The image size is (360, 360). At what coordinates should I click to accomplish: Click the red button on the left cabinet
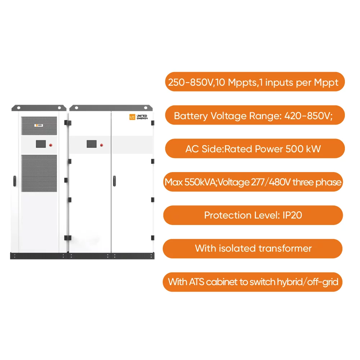click(51, 145)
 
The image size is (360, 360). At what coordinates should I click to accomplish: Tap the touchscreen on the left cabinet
click(41, 144)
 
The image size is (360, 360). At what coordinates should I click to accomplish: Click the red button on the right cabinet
click(102, 145)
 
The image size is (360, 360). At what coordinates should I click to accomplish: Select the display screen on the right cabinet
click(91, 144)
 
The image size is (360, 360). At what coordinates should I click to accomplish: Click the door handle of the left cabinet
click(15, 181)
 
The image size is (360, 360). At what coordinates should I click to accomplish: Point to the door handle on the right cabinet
click(114, 181)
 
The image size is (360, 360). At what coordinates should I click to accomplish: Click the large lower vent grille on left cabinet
click(39, 173)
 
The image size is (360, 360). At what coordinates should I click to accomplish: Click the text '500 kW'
click(303, 149)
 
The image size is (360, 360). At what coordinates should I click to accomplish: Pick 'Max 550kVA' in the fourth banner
click(185, 182)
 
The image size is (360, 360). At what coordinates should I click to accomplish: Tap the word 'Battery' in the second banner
click(191, 116)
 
